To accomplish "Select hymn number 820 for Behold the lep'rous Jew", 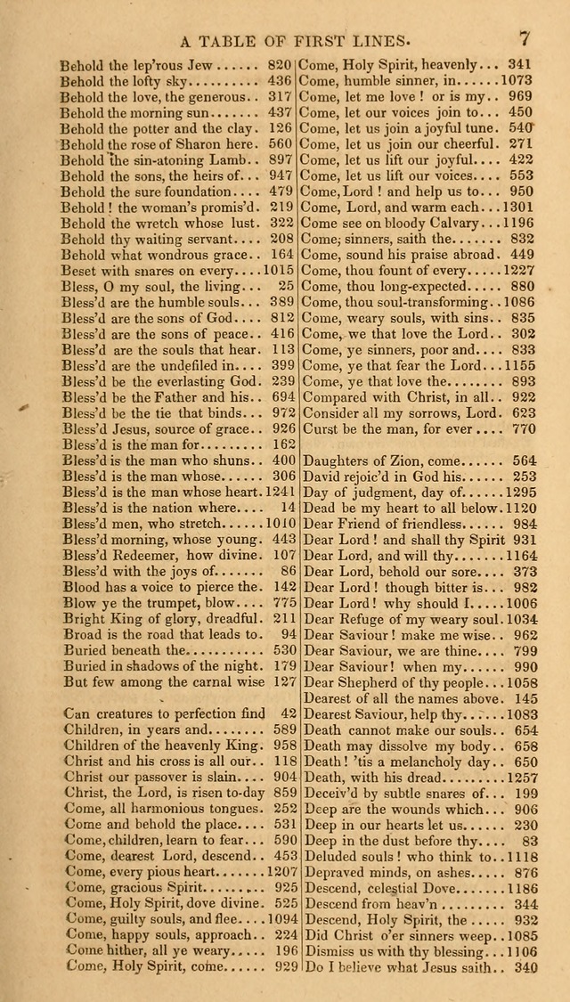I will pos(280,64).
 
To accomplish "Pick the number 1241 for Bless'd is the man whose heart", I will pos(278,493).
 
